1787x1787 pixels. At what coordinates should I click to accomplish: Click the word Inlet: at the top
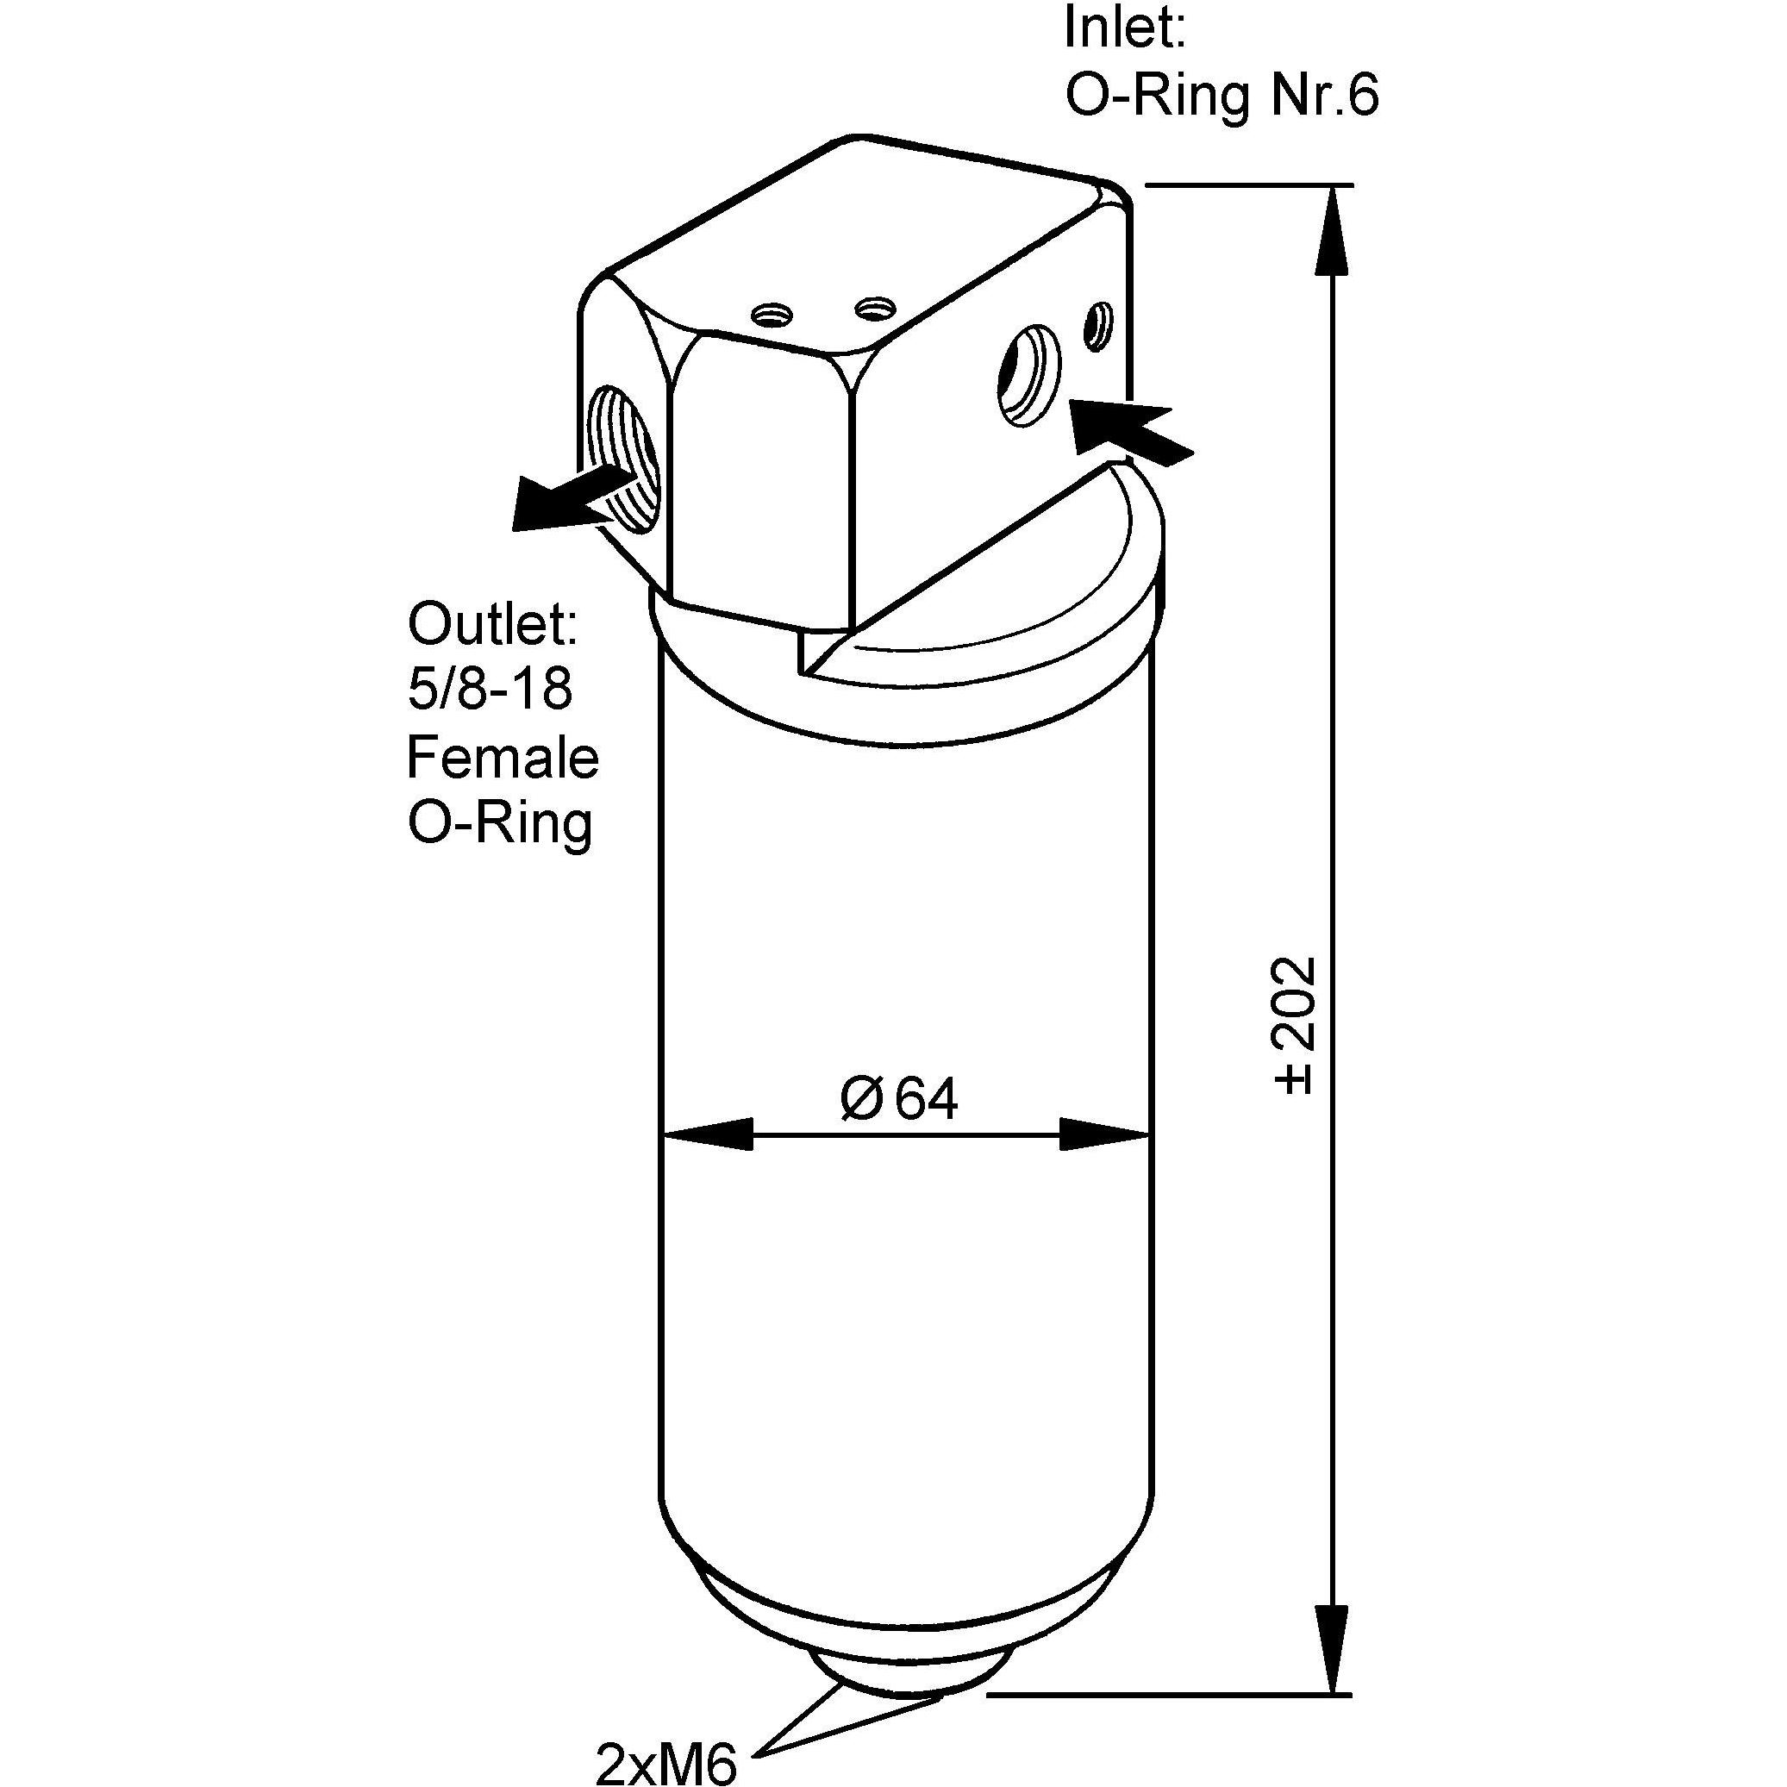point(1125,28)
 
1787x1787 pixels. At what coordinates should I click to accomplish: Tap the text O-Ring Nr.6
point(1222,96)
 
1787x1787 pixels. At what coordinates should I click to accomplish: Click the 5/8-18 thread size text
point(490,689)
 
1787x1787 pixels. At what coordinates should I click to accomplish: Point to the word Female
point(503,757)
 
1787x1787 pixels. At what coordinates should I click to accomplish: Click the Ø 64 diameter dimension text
point(899,1098)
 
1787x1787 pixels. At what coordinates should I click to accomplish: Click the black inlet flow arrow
point(1130,430)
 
